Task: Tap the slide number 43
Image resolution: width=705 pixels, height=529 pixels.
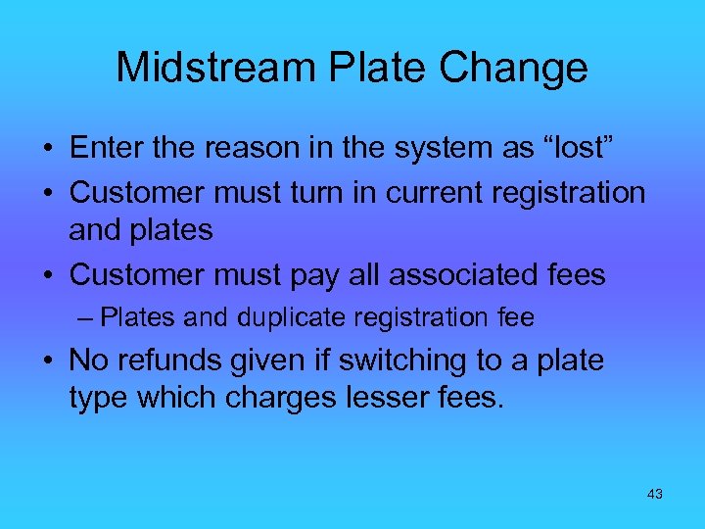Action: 655,494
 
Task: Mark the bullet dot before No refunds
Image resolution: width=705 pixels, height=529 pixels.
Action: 48,361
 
